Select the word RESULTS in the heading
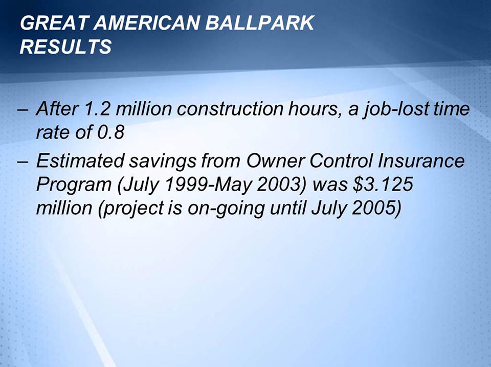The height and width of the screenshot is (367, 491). tap(65, 47)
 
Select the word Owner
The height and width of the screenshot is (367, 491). tap(271, 162)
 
